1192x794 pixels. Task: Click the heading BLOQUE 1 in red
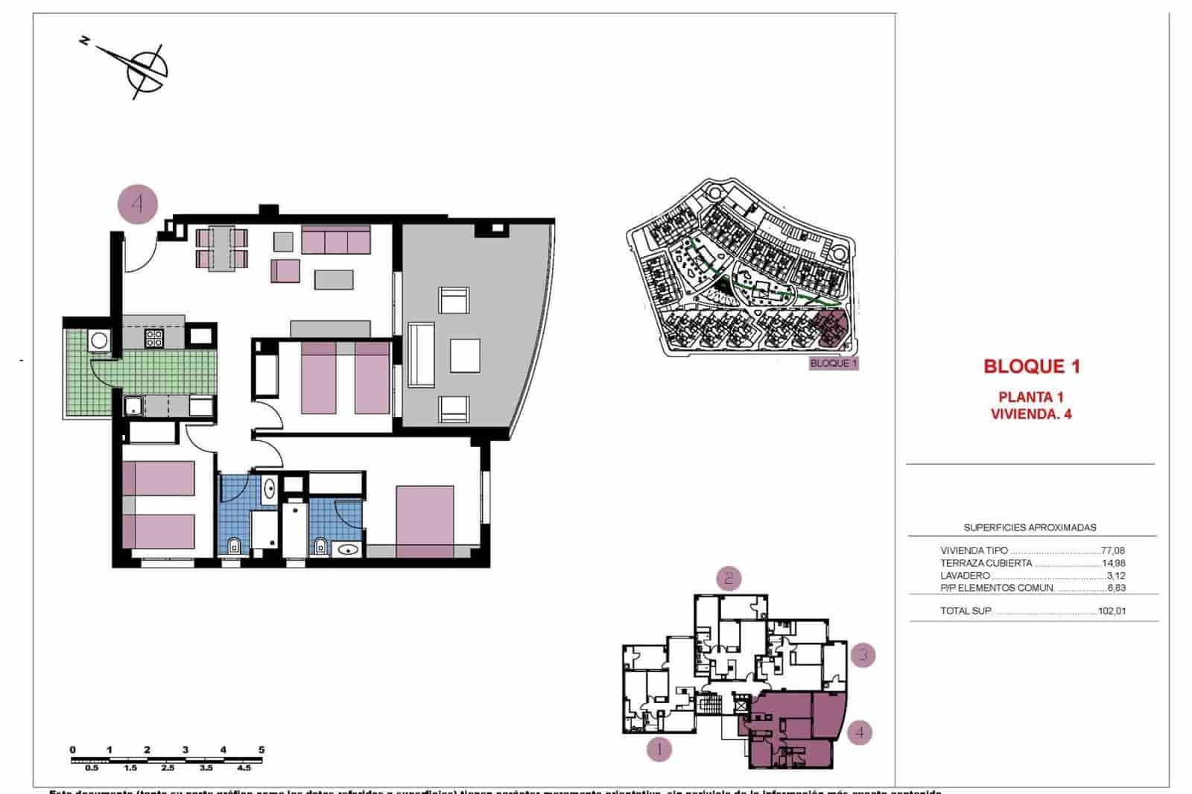pos(1032,366)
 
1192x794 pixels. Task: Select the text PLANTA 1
pos(1031,397)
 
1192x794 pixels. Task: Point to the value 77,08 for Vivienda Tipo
pos(1113,551)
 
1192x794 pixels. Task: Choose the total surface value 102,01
pos(1112,612)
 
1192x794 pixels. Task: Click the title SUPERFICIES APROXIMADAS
pos(1030,527)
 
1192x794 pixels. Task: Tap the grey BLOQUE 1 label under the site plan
pos(834,363)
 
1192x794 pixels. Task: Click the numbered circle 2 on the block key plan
pos(729,578)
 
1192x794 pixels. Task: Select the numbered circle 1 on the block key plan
pos(659,749)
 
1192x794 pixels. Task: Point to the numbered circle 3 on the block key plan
pos(863,655)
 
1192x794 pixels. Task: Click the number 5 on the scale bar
pos(261,750)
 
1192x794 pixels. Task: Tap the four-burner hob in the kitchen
pos(154,337)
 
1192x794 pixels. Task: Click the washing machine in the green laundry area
pos(99,340)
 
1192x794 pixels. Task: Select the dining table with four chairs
pos(222,249)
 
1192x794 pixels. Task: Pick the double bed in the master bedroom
pos(425,521)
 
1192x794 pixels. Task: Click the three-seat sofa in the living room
pos(336,241)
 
